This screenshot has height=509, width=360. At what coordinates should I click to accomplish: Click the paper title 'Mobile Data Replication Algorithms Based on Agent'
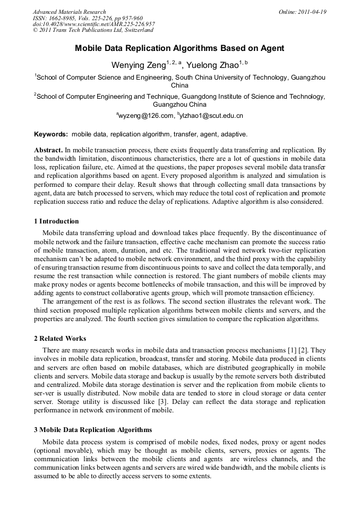(179, 48)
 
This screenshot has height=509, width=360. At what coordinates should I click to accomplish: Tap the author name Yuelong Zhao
(212, 65)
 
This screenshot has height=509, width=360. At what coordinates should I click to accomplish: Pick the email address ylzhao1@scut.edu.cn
(211, 116)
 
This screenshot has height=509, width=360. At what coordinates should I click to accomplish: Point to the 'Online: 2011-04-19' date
(303, 12)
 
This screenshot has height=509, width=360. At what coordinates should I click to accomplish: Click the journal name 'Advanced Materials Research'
(70, 12)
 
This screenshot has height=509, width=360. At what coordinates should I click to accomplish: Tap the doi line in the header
(93, 24)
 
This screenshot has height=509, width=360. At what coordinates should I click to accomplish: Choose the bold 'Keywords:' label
(51, 134)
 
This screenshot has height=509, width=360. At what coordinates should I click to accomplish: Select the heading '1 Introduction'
(56, 221)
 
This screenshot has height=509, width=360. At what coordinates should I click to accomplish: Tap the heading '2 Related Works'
(60, 339)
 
